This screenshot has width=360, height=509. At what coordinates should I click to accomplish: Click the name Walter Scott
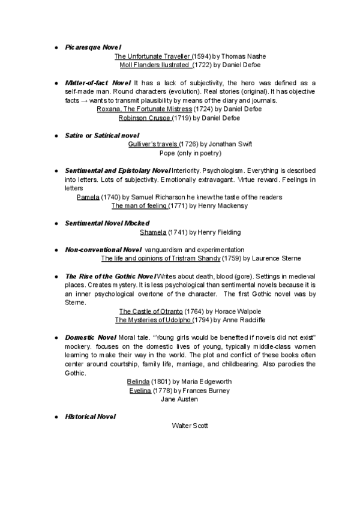point(190,426)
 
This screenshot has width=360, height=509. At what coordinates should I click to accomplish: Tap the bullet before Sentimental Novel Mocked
point(56,224)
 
